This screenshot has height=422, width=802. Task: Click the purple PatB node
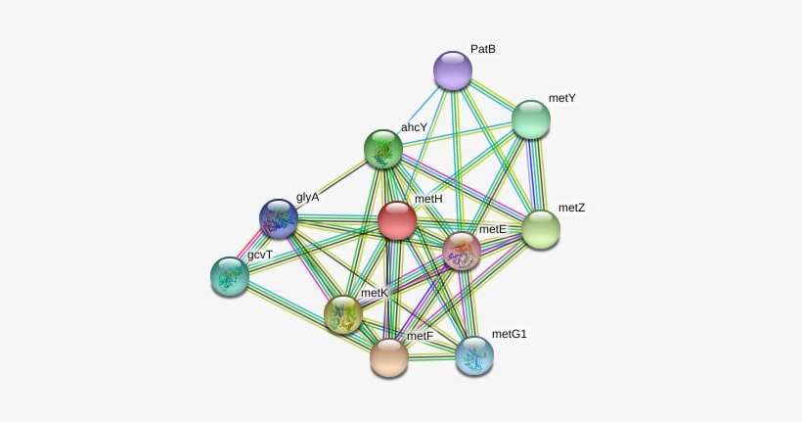453,70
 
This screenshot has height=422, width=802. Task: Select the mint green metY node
531,119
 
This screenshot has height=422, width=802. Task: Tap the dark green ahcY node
383,149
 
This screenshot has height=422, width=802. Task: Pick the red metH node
397,220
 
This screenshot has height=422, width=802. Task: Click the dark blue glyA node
279,218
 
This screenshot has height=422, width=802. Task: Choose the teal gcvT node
230,276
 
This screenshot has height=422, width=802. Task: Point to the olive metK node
343,314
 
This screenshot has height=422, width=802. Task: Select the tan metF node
389,357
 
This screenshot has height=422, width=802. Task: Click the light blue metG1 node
474,356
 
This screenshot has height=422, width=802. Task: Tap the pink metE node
462,251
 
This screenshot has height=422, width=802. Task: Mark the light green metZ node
541,229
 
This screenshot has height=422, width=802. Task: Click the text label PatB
483,49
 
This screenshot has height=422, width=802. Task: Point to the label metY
562,98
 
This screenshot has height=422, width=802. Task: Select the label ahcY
414,127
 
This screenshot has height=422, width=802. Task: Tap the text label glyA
307,197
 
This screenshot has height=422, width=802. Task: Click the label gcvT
260,255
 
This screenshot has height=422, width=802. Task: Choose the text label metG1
509,334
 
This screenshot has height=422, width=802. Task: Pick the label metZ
571,208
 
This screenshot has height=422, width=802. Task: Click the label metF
420,336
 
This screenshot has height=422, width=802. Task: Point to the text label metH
428,199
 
